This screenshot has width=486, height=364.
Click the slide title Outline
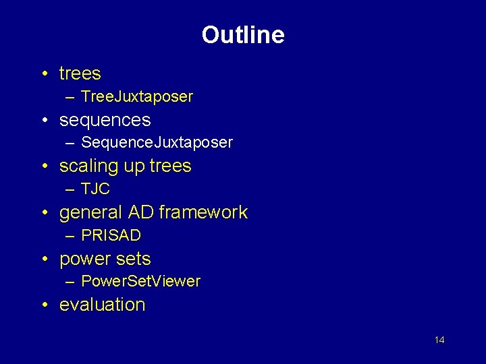[243, 35]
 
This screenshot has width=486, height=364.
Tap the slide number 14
[439, 340]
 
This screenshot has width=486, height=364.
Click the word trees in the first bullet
[80, 73]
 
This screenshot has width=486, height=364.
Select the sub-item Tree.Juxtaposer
[136, 96]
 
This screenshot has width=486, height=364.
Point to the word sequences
[105, 120]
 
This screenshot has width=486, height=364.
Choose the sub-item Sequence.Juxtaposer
[157, 143]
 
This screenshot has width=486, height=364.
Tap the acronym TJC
[95, 189]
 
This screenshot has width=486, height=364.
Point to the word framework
[203, 212]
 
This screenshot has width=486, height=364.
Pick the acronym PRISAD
[111, 235]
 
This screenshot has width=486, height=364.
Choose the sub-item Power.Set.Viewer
[140, 281]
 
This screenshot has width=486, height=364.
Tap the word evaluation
[102, 305]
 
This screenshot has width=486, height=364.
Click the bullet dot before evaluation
[43, 305]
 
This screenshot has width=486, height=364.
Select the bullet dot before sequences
[43, 121]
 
